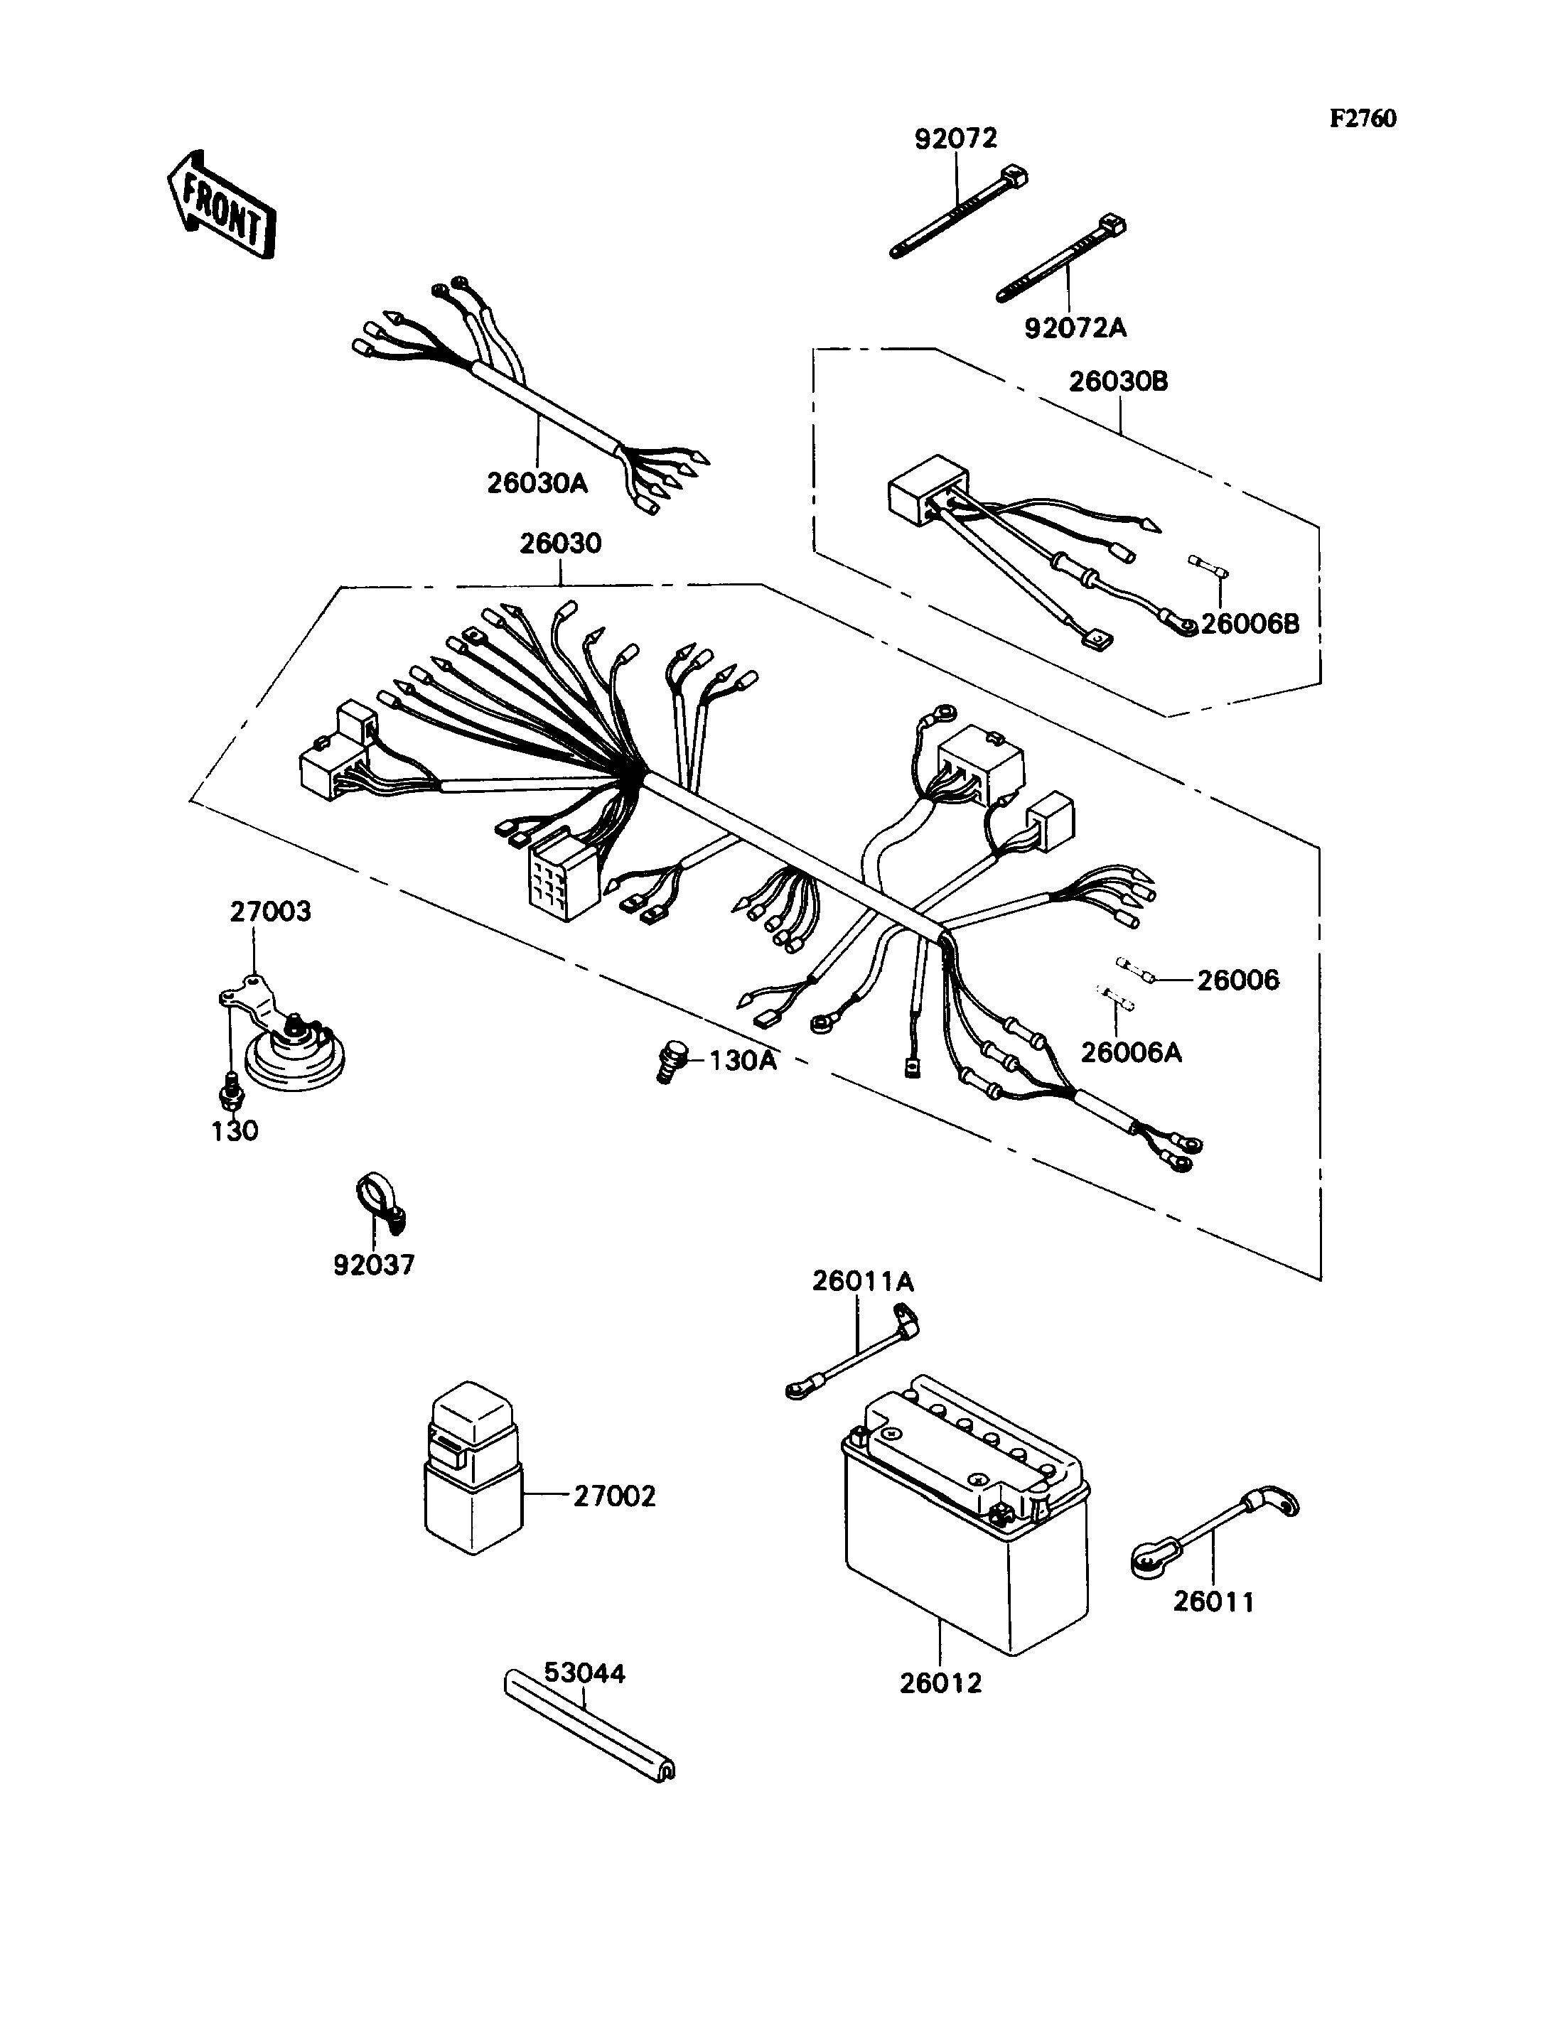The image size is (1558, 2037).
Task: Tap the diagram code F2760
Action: click(x=1363, y=119)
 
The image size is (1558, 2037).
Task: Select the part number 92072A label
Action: click(x=1076, y=328)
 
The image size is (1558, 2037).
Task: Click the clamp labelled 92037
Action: click(x=380, y=1204)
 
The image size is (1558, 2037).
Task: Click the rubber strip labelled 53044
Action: click(x=590, y=1724)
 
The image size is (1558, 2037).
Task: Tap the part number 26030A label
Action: click(x=538, y=483)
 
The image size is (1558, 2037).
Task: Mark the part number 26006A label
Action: click(x=1132, y=1052)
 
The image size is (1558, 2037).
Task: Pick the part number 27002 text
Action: click(x=614, y=1496)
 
